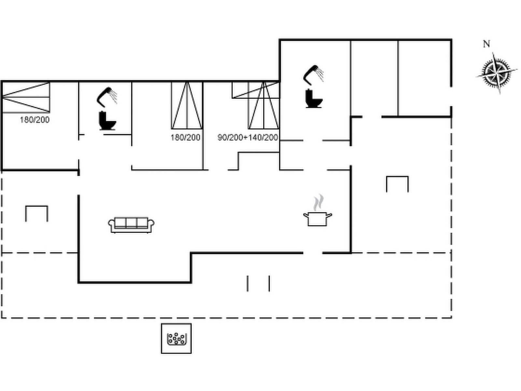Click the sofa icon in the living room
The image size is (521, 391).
[x=131, y=225]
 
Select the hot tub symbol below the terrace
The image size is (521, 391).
[x=176, y=338]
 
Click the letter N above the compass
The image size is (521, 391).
[x=486, y=44]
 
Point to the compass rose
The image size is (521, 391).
[x=497, y=73]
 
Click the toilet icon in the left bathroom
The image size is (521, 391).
[x=107, y=121]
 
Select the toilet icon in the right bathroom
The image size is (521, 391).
[x=314, y=98]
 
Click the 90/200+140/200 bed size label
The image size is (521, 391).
[x=247, y=138]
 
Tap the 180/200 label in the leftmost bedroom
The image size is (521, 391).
[x=35, y=120]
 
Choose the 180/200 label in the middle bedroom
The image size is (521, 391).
[x=185, y=138]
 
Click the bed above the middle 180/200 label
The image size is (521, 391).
[x=187, y=105]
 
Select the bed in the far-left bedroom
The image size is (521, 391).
[x=26, y=97]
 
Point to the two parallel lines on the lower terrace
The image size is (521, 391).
[x=259, y=283]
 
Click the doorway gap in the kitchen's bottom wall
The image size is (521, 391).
[x=313, y=253]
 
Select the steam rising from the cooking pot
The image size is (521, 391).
[x=318, y=202]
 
